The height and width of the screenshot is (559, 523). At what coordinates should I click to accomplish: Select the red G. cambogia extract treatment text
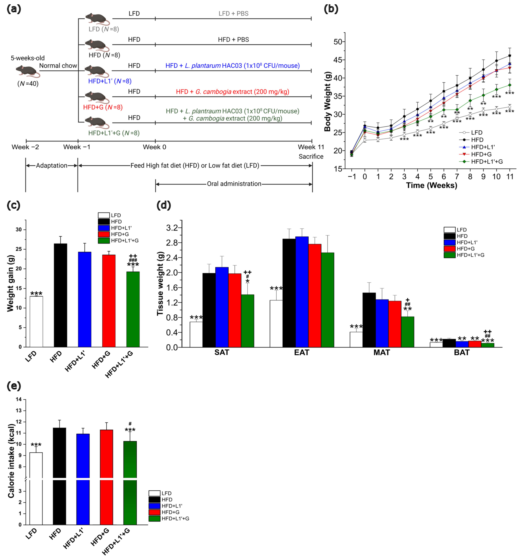point(232,92)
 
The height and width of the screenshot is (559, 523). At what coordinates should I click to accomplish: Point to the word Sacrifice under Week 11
point(311,157)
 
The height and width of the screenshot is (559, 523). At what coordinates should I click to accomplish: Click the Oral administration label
point(234,184)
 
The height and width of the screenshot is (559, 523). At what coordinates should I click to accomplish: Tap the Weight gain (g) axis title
point(10,283)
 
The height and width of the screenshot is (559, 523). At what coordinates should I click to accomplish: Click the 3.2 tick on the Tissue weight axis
point(172,228)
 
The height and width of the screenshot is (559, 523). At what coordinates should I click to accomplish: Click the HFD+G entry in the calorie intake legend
point(170,512)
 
